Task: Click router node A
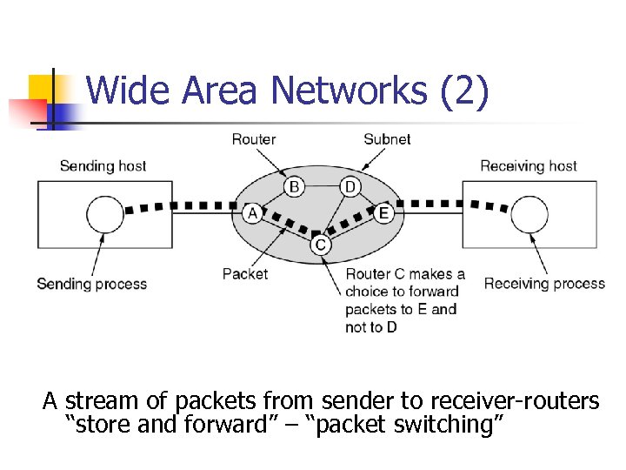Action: (x=252, y=213)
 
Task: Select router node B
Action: (x=294, y=186)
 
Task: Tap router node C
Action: (x=321, y=246)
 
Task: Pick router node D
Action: (x=350, y=186)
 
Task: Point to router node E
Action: (x=384, y=213)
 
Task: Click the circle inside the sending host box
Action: (x=105, y=214)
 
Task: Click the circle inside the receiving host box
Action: (x=529, y=214)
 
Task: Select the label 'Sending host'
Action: (x=103, y=165)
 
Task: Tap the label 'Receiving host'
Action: (x=528, y=165)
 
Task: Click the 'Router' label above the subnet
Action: (x=254, y=139)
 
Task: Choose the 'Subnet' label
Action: (x=387, y=139)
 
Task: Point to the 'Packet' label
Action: (x=245, y=274)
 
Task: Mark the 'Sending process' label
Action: (x=92, y=284)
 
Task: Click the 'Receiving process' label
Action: (x=544, y=284)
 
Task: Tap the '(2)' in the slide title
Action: (x=465, y=90)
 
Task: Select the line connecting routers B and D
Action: (x=322, y=186)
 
